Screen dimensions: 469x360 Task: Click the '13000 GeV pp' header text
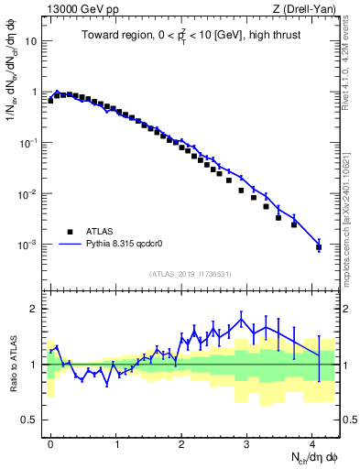(x=80, y=8)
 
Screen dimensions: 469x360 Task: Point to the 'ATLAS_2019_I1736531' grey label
(x=191, y=274)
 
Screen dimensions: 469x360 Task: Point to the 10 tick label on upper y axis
(x=31, y=42)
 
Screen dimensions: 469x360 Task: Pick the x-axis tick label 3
(x=247, y=442)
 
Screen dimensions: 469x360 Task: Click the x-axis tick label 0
(x=50, y=442)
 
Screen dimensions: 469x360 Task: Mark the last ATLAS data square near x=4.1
(x=318, y=246)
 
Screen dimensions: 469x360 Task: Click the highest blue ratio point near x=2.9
(x=241, y=317)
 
